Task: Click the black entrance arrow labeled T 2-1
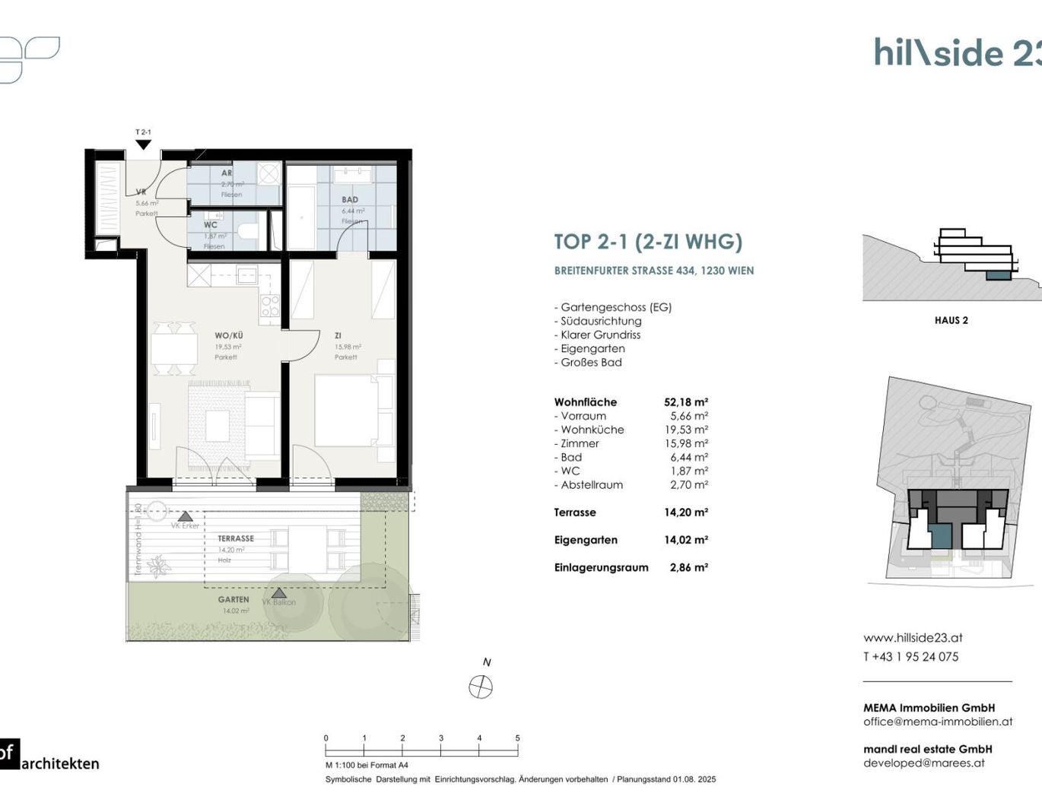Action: pos(143,144)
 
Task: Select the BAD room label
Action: pos(350,200)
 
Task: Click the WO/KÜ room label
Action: pos(229,335)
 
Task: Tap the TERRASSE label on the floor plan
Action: pos(236,538)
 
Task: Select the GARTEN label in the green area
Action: pos(233,600)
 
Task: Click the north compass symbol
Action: pos(481,687)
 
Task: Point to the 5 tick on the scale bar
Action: pos(518,738)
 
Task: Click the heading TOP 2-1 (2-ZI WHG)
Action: pos(648,242)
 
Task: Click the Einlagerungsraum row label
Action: pos(601,567)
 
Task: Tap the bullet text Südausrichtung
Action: pos(601,321)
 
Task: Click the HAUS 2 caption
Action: pos(951,320)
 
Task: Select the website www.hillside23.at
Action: pos(913,638)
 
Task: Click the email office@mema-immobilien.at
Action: pos(938,722)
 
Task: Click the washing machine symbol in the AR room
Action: pos(268,174)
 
